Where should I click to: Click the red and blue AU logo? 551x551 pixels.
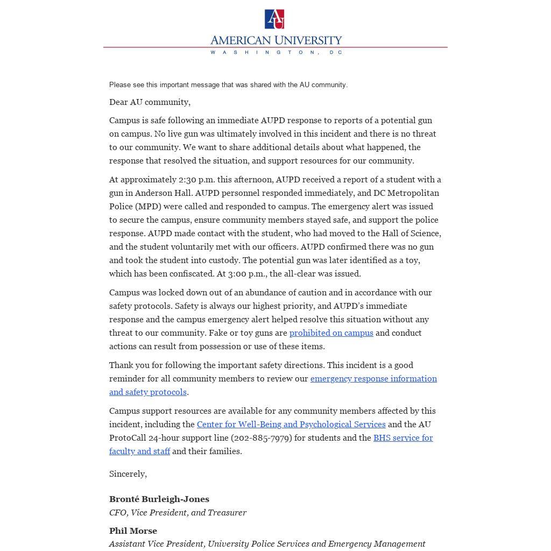[274, 19]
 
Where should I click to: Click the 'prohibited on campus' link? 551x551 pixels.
[331, 333]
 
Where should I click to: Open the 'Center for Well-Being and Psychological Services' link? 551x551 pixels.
[291, 425]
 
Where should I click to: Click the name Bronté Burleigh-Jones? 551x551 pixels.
[159, 499]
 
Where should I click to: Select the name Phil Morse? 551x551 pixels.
[133, 531]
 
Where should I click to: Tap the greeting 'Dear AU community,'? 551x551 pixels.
[150, 102]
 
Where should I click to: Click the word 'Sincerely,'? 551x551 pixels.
[128, 474]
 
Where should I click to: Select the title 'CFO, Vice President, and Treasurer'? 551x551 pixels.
[178, 513]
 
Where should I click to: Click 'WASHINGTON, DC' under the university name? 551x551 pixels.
[276, 52]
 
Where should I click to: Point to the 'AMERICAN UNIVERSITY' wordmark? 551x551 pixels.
[276, 40]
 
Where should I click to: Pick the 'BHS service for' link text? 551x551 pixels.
[403, 438]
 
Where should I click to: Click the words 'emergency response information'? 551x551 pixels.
[373, 379]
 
